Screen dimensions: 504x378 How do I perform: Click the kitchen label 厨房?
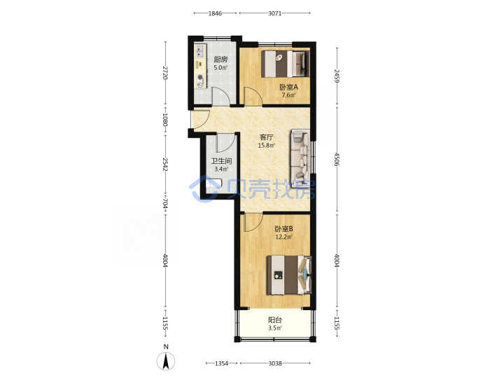coord(220,59)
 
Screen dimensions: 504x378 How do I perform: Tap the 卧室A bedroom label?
coord(288,87)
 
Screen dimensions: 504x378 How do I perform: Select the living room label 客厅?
coord(267,137)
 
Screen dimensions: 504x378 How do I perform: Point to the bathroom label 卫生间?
coord(221,161)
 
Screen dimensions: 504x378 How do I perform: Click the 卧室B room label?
coord(283,229)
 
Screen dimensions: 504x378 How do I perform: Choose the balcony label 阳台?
coord(275,320)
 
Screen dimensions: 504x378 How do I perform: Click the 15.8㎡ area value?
coord(267,146)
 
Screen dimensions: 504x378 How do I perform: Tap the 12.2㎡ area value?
coord(283,237)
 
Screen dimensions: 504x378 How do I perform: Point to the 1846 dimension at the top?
coord(215,13)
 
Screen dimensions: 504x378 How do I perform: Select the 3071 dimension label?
coord(275,13)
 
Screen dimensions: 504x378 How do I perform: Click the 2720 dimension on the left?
coord(165,73)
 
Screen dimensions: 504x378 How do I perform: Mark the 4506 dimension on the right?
coord(337,159)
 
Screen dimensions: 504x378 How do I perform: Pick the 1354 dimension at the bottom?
coord(221,363)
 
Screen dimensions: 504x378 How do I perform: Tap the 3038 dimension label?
coord(275,363)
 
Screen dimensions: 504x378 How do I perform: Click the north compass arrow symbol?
coord(166,360)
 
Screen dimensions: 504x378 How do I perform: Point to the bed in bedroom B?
coord(289,275)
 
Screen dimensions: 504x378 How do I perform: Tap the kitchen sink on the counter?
coord(200,50)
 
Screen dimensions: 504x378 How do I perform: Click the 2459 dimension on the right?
coord(337,76)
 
